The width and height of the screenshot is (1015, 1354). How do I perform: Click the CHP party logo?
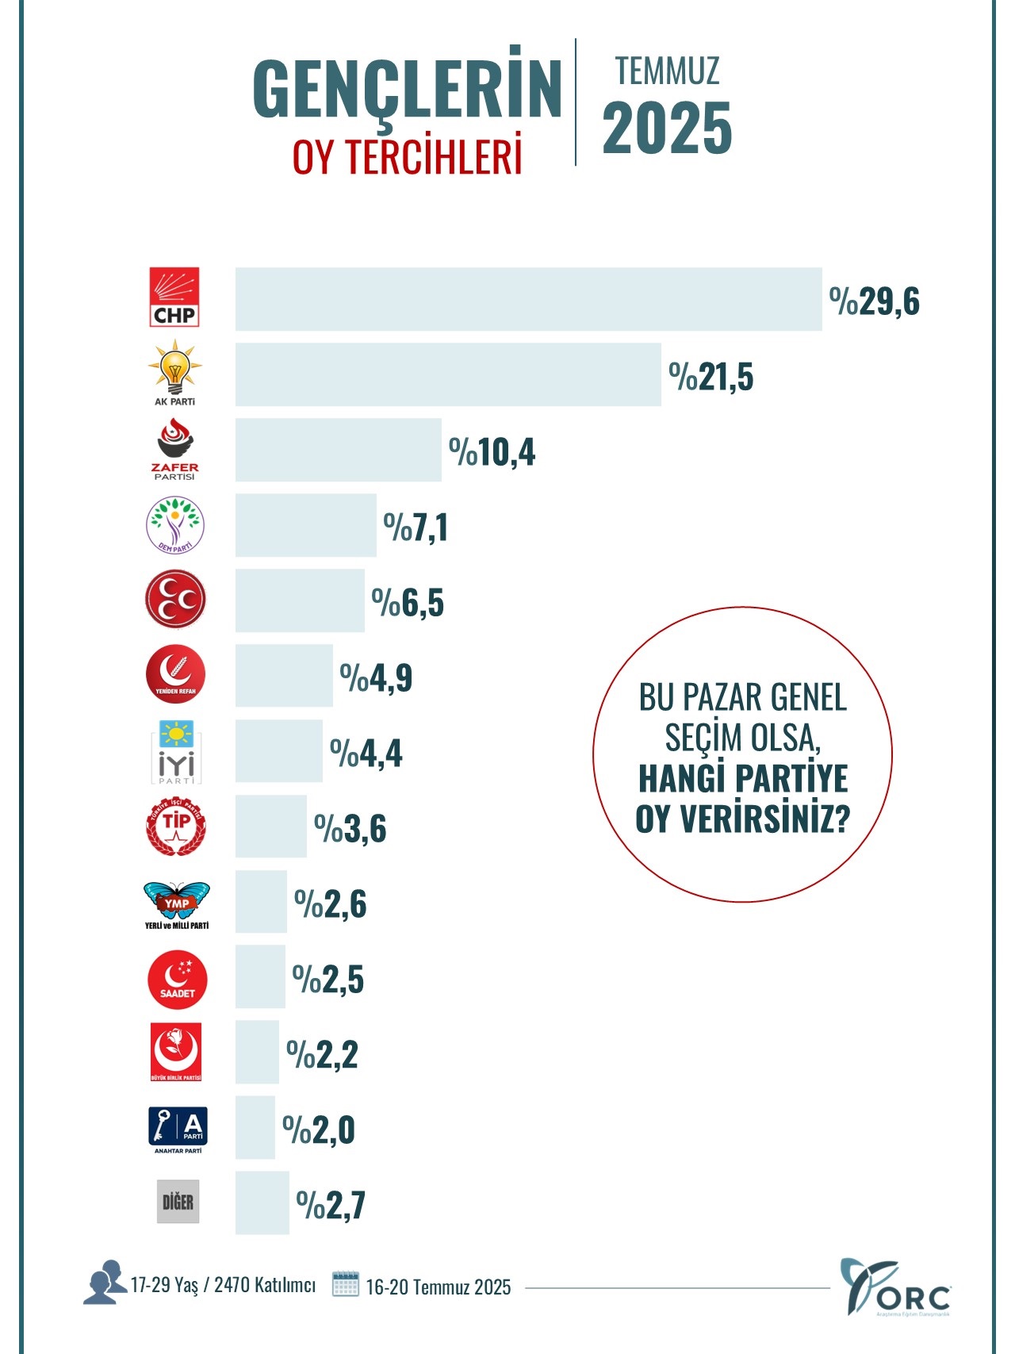click(x=174, y=297)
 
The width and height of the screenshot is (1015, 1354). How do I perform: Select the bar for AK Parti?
click(x=448, y=374)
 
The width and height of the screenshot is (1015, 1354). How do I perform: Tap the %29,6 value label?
click(x=874, y=301)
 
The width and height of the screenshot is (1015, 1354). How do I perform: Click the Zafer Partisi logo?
click(x=174, y=449)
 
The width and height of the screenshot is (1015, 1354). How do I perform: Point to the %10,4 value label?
click(x=492, y=452)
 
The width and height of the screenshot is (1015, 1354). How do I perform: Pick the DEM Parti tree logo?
click(x=175, y=525)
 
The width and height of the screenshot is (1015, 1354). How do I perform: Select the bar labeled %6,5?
click(x=300, y=600)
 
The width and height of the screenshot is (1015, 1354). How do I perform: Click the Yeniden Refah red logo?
click(x=175, y=675)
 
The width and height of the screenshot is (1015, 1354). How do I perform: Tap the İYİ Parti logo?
click(x=176, y=752)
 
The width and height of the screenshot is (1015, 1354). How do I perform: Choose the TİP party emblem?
click(x=175, y=827)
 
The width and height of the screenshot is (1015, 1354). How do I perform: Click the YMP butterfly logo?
click(x=176, y=905)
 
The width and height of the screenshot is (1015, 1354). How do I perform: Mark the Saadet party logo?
click(x=177, y=980)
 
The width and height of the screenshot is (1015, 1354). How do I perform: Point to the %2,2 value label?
click(x=322, y=1055)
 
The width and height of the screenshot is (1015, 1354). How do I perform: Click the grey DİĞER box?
click(x=178, y=1202)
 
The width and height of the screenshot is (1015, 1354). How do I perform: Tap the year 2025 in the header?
click(x=666, y=129)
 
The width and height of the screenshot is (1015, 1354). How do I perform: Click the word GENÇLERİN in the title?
click(x=408, y=89)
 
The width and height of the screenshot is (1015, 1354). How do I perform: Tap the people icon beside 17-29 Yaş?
click(x=105, y=1282)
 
